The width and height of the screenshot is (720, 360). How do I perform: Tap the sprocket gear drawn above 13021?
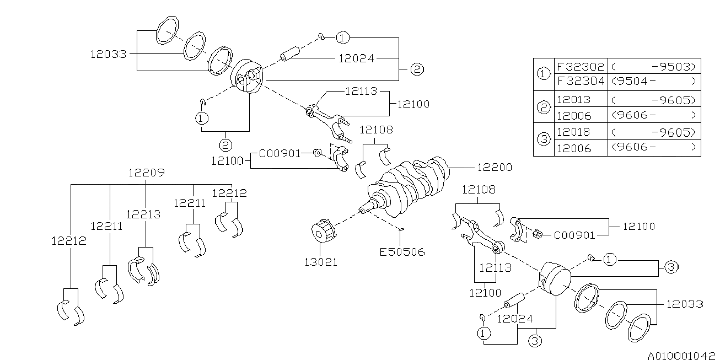point(323,233)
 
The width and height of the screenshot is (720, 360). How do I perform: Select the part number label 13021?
point(321,262)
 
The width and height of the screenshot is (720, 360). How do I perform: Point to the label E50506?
point(402,252)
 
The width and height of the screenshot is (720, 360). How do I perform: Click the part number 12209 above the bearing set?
point(146,172)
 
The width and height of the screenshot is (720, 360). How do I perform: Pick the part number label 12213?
point(143,214)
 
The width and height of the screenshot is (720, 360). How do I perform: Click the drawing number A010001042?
point(681,356)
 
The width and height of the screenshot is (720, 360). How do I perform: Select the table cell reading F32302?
point(580,66)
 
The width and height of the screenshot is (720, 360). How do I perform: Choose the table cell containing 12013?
point(573,99)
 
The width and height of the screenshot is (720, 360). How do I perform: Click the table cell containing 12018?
point(573,132)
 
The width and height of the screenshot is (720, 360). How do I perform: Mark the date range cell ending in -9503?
point(654,66)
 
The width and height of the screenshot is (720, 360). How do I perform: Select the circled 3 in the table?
point(544,140)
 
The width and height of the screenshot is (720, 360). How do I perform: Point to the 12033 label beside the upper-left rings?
point(109,54)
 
